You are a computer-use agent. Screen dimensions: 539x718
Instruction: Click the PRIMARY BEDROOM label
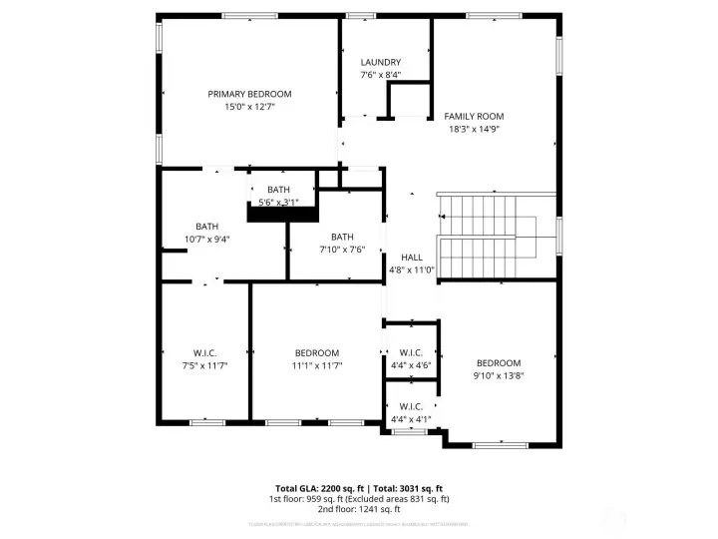coord(256,94)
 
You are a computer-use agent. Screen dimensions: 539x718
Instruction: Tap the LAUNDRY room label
coord(380,62)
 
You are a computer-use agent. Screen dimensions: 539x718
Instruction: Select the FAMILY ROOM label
coord(474,116)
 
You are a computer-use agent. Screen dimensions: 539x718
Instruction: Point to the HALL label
coord(412,258)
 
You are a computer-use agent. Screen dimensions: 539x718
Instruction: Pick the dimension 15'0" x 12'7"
coord(256,106)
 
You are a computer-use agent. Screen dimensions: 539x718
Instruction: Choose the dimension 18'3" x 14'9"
coord(474,129)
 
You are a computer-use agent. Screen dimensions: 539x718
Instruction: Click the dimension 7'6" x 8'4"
coord(380,75)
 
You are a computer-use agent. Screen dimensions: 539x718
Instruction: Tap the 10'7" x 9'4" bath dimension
coord(206,239)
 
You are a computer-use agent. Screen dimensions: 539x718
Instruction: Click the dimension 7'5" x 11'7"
coord(205,365)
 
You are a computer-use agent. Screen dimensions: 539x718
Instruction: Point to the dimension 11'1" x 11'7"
coord(317,365)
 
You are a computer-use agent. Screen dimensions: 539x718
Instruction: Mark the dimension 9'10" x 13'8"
coord(499,375)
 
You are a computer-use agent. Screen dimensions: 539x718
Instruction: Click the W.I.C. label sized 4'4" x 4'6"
coord(411,352)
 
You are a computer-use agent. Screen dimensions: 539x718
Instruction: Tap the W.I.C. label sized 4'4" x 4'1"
coord(411,406)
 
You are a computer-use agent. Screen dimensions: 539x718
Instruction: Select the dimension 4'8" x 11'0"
coord(412,269)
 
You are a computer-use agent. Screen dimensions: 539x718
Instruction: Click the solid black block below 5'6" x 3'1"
coord(282,214)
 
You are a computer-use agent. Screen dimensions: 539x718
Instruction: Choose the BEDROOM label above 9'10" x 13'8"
coord(499,362)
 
